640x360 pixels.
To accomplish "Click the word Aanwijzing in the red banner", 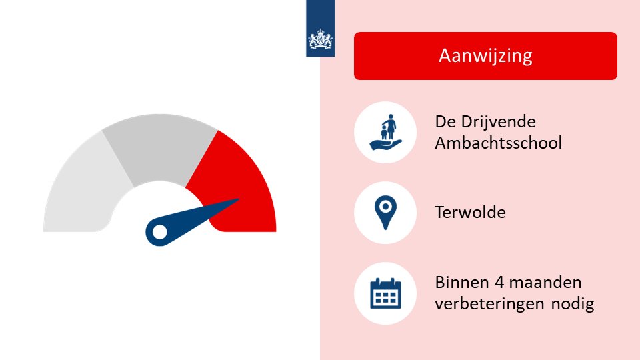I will [x=485, y=55].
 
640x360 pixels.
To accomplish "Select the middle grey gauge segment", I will [x=159, y=147].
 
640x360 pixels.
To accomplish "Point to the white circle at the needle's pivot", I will [x=160, y=231].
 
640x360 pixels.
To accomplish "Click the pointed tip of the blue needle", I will [x=238, y=199].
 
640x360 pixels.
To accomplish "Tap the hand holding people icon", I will [x=386, y=133].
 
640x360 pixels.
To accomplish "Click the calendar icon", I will [x=386, y=293].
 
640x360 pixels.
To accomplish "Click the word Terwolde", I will [x=470, y=213].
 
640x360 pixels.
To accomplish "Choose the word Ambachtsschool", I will [x=498, y=143].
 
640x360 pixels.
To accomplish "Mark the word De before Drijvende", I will [x=445, y=123].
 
